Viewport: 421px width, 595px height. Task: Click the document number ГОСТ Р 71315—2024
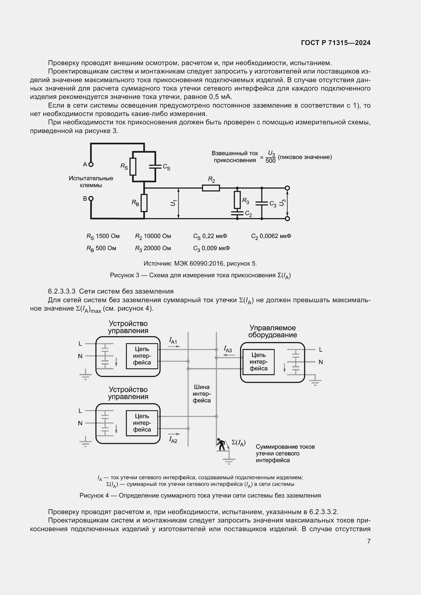pyautogui.click(x=336, y=43)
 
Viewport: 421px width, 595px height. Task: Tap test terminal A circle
pyautogui.click(x=91, y=164)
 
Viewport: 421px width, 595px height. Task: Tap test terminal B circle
pyautogui.click(x=91, y=198)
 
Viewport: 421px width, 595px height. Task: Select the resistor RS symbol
pyautogui.click(x=133, y=166)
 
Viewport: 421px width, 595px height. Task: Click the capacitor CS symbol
pyautogui.click(x=155, y=166)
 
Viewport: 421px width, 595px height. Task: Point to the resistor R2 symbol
pyautogui.click(x=211, y=188)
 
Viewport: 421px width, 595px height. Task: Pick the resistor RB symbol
pyautogui.click(x=144, y=203)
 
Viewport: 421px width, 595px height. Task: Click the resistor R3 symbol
pyautogui.click(x=237, y=200)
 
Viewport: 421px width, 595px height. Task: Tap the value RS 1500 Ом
pyautogui.click(x=103, y=236)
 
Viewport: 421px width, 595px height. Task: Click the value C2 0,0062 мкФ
pyautogui.click(x=271, y=236)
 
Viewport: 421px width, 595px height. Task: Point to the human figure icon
pyautogui.click(x=221, y=444)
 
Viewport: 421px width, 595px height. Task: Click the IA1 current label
pyautogui.click(x=173, y=341)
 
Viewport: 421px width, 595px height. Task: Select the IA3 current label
pyautogui.click(x=228, y=349)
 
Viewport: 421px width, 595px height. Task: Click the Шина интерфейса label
pyautogui.click(x=202, y=394)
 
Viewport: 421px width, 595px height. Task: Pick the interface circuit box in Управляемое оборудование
pyautogui.click(x=258, y=362)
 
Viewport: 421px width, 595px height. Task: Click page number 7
pyautogui.click(x=369, y=541)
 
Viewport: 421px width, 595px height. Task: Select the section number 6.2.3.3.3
pyautogui.click(x=62, y=292)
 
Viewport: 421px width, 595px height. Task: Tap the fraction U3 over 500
pyautogui.click(x=270, y=157)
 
